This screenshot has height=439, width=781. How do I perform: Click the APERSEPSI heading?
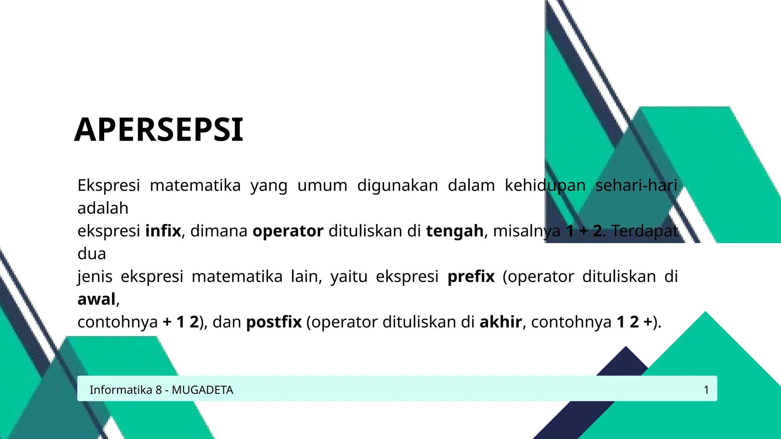click(159, 130)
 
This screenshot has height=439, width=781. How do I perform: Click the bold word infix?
click(163, 231)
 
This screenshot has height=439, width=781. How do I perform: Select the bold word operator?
click(288, 231)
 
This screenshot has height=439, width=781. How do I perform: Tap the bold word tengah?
click(455, 231)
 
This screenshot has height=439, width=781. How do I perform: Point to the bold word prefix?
click(471, 276)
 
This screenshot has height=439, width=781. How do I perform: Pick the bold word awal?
click(96, 299)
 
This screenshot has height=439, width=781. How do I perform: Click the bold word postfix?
click(274, 322)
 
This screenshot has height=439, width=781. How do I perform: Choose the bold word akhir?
click(501, 322)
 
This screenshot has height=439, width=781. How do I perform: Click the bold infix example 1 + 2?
click(584, 231)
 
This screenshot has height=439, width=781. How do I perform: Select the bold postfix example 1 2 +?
click(634, 322)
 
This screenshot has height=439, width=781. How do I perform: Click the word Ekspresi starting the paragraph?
click(109, 186)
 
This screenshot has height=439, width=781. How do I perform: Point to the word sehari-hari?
click(636, 186)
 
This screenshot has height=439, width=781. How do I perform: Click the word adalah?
click(103, 208)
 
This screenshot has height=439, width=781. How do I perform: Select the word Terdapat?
click(645, 231)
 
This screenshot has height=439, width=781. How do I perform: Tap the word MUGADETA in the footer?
click(202, 390)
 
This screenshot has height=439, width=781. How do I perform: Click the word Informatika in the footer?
click(121, 390)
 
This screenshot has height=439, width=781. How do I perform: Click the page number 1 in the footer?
click(706, 390)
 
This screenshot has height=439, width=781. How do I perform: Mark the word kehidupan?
click(545, 186)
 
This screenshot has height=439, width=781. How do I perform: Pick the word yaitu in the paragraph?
click(349, 276)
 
